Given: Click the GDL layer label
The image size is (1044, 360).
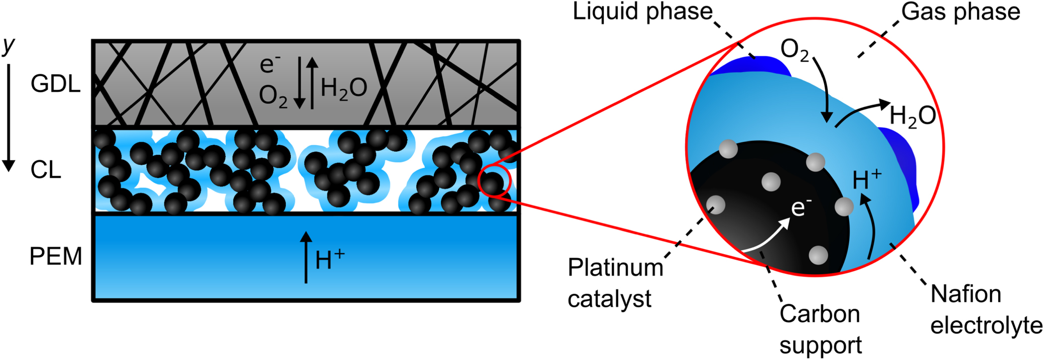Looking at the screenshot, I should pos(55,84).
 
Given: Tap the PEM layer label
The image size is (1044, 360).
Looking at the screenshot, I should pos(55,257).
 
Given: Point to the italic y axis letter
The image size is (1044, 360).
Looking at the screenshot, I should pos(9,45).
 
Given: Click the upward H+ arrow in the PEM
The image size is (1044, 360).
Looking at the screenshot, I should pos(306,257).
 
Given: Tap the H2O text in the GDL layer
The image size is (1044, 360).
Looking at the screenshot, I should pos(343,89).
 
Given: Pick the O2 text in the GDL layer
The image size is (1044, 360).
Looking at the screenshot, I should pos(273,96).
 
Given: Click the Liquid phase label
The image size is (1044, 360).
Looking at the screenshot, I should pos(643,12).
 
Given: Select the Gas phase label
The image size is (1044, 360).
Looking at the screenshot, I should pos(961,12).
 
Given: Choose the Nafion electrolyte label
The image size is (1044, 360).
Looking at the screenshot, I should pos(985,310).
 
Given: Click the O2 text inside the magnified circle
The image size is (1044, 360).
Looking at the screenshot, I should pos(795,51).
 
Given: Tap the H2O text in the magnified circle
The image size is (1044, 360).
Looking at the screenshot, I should pos(912,116).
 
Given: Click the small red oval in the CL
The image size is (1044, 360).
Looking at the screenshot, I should pos(495,182).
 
